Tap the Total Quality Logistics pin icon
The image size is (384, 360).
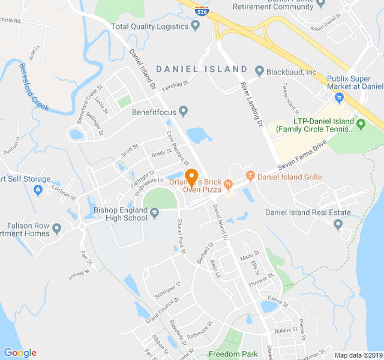click(x=195, y=26)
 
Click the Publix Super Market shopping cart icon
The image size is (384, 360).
click(x=340, y=96)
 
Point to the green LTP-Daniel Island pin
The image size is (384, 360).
click(x=361, y=125)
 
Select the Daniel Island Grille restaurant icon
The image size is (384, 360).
click(x=250, y=176)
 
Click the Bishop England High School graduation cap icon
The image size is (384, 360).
click(x=154, y=212)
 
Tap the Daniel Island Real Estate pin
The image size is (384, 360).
click(x=338, y=224)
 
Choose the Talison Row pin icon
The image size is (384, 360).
click(x=57, y=229)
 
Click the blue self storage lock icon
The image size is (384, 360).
click(x=38, y=190)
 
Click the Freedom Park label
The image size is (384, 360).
click(x=233, y=354)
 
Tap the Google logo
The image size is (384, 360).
click(x=20, y=353)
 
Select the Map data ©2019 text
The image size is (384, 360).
click(x=358, y=355)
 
